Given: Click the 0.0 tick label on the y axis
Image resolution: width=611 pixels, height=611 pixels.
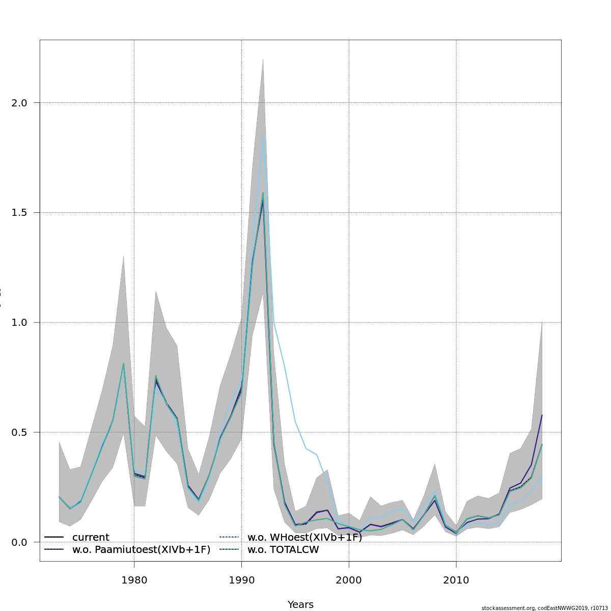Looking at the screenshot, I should point(19,542).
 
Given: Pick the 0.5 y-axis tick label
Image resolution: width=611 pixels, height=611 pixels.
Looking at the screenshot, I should point(19,432).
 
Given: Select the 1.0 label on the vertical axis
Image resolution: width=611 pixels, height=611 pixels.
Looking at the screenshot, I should point(19,322).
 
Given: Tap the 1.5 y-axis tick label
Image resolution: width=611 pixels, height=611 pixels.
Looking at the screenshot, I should point(19,212).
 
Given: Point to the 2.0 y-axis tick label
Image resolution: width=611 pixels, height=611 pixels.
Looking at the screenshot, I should point(19,103).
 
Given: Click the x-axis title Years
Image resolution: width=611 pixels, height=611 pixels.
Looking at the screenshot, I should point(300,604).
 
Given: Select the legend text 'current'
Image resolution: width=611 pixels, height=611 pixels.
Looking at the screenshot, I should point(91,538).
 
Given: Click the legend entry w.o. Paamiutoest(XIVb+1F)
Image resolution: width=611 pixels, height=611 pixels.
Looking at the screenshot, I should point(141,550).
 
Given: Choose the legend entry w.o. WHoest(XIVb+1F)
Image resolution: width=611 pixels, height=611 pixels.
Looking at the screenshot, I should point(304,538).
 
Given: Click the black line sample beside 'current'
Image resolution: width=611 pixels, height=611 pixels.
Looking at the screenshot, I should point(54,538).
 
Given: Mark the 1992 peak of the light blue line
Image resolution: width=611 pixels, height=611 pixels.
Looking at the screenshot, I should point(263,134).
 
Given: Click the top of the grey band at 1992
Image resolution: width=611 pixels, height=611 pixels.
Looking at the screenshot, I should point(263,59).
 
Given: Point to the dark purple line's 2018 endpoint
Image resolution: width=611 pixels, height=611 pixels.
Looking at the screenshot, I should point(542,415).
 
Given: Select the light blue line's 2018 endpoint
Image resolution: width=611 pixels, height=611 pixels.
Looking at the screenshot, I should point(542,476).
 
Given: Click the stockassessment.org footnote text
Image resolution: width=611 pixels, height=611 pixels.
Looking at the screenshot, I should point(544,608).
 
